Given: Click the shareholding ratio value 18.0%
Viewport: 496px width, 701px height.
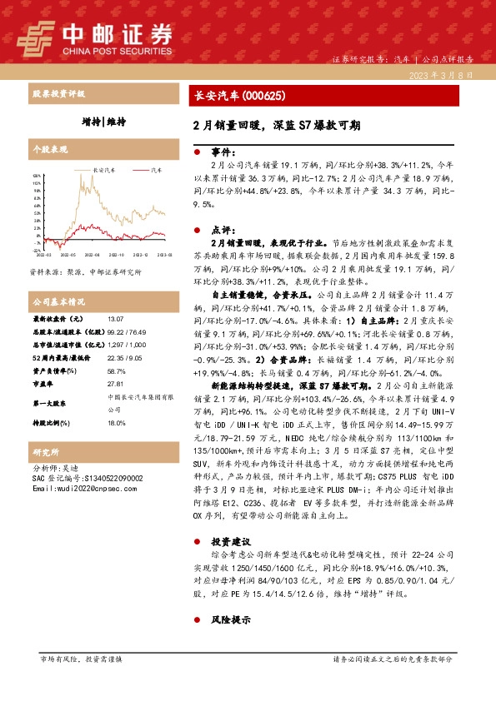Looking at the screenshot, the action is point(116,423).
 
